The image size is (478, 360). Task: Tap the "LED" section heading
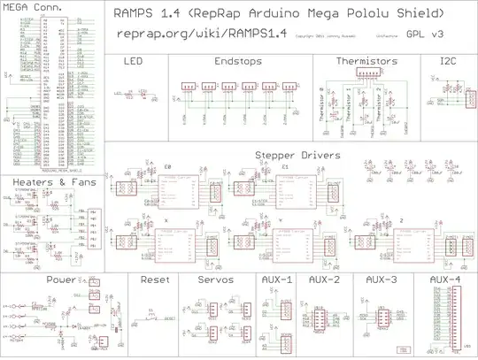[133, 62]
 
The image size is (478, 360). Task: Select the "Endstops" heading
[238, 62]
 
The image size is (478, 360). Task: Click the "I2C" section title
[448, 62]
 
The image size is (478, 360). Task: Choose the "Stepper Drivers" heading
[292, 155]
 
